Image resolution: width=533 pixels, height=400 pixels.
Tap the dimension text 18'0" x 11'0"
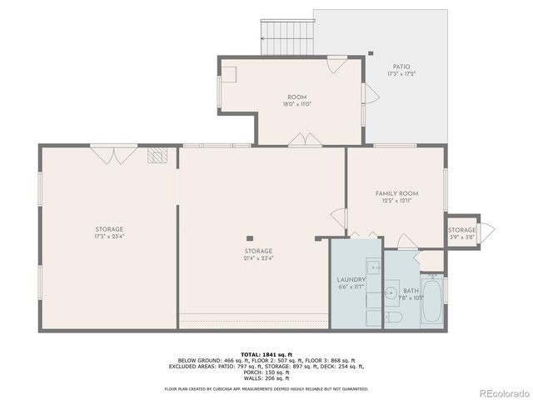coord(297,104)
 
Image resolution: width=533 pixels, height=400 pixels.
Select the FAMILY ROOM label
coord(396,193)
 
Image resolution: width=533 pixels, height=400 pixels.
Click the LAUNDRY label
coord(351,279)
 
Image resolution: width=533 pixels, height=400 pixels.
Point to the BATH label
coord(411,291)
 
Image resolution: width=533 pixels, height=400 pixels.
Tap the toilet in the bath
coord(396,319)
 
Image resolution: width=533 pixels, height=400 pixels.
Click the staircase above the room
coord(286,32)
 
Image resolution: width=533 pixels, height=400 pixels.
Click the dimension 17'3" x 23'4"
coord(109,236)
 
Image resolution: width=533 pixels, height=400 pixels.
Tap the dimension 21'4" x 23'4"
coord(258,257)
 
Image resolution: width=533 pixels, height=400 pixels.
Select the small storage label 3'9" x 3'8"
coord(462,237)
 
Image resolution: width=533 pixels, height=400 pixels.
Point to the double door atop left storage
coord(114,153)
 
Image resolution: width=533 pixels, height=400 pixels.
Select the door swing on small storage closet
coord(488,229)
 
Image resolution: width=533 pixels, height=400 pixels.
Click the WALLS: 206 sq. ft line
coord(266,378)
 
